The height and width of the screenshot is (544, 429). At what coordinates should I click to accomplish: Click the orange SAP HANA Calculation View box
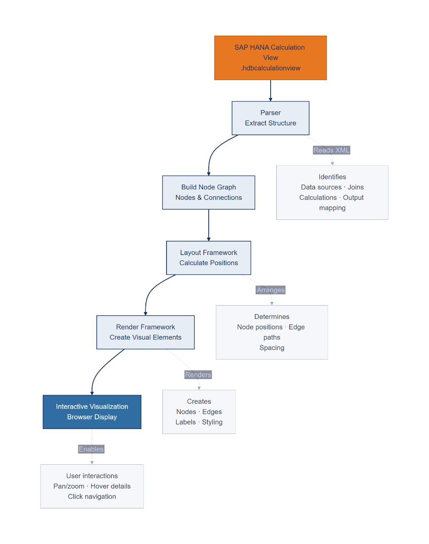pos(270,58)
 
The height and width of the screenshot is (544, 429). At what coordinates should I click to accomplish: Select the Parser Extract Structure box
pos(270,118)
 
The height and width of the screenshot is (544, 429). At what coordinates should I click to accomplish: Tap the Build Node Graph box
pos(209,192)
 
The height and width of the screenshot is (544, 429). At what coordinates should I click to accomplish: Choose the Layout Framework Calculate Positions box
pos(209,257)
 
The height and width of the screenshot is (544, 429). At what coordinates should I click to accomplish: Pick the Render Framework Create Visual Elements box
pos(145,332)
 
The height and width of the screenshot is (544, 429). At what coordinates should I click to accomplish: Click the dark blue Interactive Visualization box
pos(92,412)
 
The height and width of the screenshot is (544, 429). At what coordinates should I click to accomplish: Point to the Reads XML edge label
pos(331,150)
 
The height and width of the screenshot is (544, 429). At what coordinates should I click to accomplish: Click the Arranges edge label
pos(271,290)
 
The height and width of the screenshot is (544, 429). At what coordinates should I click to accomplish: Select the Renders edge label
pos(198,375)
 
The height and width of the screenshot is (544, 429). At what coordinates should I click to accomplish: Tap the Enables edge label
pos(91,449)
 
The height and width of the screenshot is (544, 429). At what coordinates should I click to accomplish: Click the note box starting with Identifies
pos(332,192)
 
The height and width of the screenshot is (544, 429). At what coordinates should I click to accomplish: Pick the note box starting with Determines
pos(272,332)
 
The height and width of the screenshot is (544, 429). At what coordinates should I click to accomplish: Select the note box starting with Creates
pos(199,412)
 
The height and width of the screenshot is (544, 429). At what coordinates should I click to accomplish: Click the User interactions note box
pos(92,486)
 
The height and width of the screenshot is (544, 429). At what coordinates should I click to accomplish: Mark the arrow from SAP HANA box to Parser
pos(270,91)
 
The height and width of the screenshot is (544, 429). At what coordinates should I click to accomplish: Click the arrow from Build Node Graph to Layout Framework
pos(209,225)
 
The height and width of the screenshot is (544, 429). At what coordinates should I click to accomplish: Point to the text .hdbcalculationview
pos(270,68)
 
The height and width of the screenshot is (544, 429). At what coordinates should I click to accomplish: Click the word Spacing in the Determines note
pos(272,348)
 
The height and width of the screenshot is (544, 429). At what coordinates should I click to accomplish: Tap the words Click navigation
pos(92,497)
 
